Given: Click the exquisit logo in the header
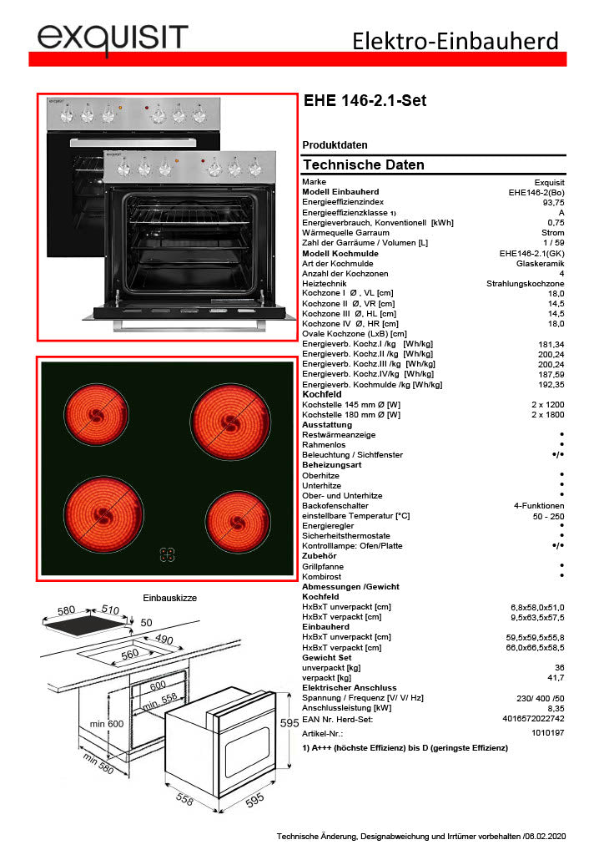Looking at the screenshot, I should point(112,38).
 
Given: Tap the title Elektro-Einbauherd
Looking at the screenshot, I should point(455,40).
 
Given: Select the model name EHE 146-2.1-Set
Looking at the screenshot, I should point(365,101).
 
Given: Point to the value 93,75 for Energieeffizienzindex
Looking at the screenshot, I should point(553,202).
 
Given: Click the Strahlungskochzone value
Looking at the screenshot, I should point(526,284).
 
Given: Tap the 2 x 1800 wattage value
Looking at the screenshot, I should point(547,414).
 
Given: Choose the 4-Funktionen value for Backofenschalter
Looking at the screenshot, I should point(539,506).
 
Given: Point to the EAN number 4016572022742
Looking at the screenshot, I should point(535,718).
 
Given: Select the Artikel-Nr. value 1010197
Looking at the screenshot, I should point(547,732).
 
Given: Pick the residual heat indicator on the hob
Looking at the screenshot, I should point(168,556).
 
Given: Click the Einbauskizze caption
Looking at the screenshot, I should point(170,598).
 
